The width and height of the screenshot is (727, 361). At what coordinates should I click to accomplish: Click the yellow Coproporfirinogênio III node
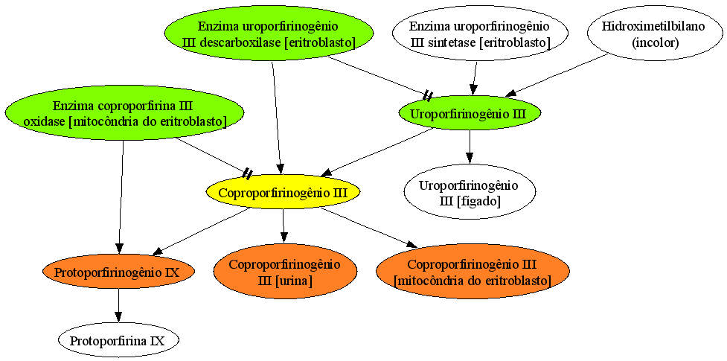coord(284,191)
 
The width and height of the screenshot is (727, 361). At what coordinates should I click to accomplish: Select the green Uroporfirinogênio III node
coord(470,113)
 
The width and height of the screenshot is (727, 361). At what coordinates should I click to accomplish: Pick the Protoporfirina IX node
coord(118,341)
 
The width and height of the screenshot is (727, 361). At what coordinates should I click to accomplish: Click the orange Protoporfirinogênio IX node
coord(118,272)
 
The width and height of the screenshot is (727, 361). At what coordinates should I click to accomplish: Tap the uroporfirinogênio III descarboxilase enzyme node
coord(269,34)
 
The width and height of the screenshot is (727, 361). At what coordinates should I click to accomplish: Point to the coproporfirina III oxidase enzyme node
coord(125,112)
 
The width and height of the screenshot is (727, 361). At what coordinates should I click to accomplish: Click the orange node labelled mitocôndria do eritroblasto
coord(473,272)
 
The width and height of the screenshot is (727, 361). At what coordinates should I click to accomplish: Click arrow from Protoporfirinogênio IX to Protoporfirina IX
coord(118,306)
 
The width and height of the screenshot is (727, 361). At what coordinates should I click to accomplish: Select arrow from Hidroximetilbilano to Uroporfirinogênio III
coord(557,75)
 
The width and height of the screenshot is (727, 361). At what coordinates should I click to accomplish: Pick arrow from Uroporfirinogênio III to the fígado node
coord(470,147)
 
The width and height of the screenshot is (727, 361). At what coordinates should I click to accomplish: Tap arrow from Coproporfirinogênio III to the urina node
coord(284,226)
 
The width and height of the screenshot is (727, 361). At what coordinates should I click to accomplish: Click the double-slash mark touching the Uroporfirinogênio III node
coord(428,96)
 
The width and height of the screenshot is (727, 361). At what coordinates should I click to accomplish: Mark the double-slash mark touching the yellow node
coord(248,174)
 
